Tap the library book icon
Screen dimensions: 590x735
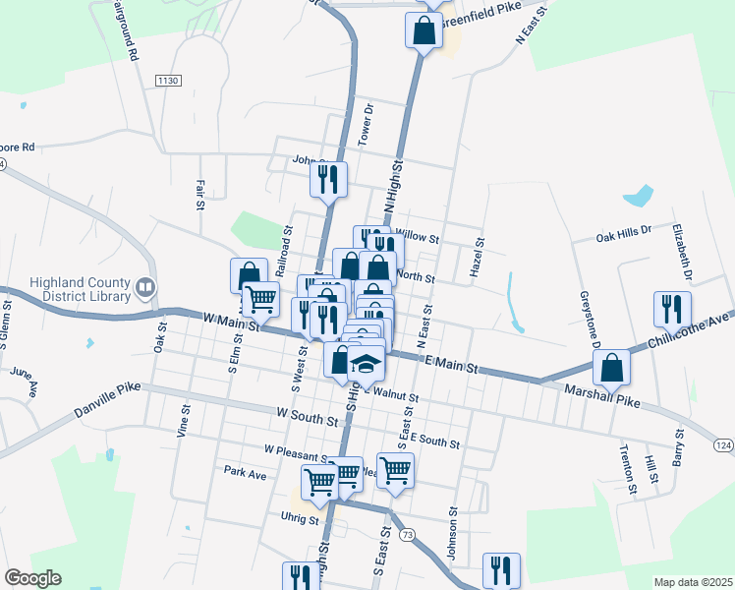tap(145, 288)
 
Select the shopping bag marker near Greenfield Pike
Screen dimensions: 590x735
tap(424, 29)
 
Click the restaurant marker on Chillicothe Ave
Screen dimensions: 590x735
tap(672, 309)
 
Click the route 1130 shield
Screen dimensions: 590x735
tap(169, 80)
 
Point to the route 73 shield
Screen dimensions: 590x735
tap(408, 534)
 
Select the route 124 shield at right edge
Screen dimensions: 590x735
tap(723, 446)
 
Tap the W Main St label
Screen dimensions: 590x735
tap(231, 321)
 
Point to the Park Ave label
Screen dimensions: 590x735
tap(245, 474)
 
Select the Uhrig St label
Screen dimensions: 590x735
tap(300, 517)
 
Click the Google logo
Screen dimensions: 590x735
tap(32, 578)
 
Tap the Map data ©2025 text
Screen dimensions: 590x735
tap(693, 582)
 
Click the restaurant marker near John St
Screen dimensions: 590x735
tap(328, 180)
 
